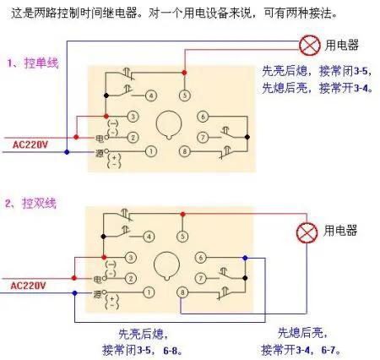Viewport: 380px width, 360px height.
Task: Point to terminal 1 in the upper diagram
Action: click(150, 151)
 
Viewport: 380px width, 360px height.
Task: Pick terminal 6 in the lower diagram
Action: click(203, 257)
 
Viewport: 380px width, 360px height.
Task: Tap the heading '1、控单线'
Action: click(34, 63)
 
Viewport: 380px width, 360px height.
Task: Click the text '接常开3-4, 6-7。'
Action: click(307, 348)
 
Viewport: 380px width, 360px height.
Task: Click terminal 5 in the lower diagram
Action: click(182, 237)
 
